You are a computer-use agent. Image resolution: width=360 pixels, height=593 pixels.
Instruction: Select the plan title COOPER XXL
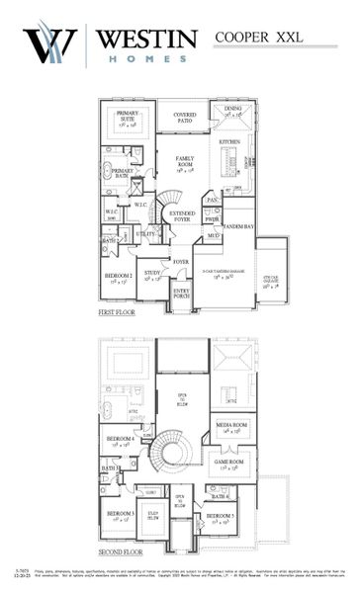tap(259, 37)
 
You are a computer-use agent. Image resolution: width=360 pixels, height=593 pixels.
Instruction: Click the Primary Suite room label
tap(127, 118)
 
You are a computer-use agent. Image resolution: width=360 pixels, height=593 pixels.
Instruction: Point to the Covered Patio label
tap(184, 117)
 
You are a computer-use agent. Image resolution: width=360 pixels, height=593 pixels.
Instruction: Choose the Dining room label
tap(232, 111)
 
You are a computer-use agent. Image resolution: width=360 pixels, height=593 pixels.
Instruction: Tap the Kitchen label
tap(228, 141)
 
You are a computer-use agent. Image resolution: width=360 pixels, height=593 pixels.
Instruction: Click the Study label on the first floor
tap(151, 274)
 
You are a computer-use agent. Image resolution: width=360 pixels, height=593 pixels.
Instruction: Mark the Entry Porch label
tap(182, 293)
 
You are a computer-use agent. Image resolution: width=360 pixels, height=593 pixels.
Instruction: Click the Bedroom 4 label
tap(121, 441)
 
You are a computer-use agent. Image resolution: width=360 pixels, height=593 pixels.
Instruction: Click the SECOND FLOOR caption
tap(122, 552)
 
